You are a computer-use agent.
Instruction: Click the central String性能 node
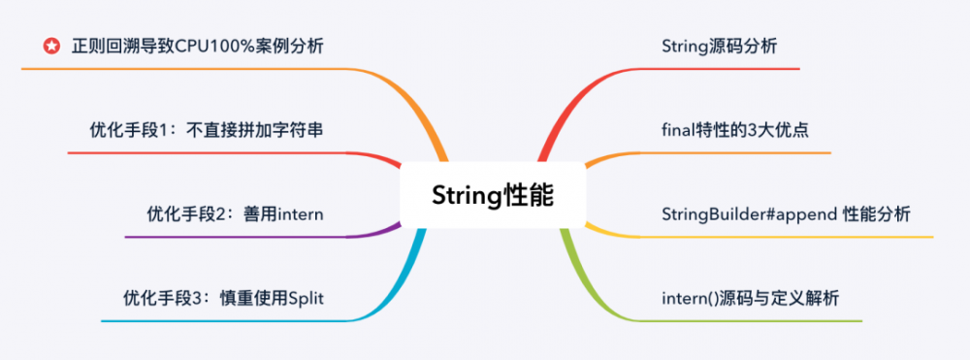coord(493,194)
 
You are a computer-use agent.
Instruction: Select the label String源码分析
coord(719,46)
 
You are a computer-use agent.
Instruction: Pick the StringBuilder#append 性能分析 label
coord(786,213)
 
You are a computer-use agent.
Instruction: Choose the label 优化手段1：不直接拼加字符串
coord(205,129)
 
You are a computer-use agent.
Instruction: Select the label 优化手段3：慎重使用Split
coord(223,297)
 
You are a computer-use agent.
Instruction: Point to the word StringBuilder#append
coord(749,213)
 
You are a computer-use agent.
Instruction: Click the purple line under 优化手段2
coord(242,237)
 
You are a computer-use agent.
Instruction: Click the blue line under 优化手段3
coord(223,320)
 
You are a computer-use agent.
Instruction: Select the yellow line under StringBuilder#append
coord(795,237)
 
